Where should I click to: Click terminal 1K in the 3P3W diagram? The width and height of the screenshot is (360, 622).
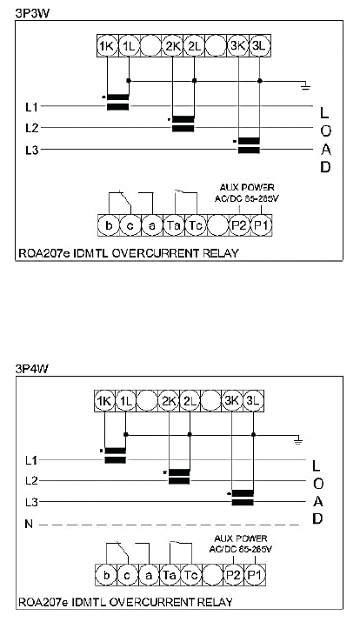click(107, 45)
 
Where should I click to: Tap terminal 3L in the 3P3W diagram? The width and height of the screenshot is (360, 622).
click(259, 45)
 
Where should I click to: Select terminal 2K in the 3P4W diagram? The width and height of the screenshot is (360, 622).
click(169, 401)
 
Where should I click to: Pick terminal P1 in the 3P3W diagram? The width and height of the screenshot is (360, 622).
click(262, 225)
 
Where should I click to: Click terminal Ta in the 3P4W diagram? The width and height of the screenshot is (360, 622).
click(170, 574)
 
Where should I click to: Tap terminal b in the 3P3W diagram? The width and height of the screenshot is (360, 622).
click(109, 225)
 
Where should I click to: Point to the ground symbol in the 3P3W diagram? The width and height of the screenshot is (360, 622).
click(305, 85)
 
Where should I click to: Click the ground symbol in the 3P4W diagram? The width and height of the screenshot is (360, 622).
click(297, 439)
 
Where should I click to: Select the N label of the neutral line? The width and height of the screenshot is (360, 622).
click(29, 524)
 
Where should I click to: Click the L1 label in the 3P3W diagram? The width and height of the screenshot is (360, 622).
click(31, 106)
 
